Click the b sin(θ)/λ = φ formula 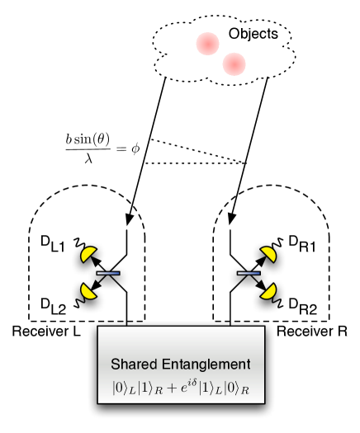(101, 147)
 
